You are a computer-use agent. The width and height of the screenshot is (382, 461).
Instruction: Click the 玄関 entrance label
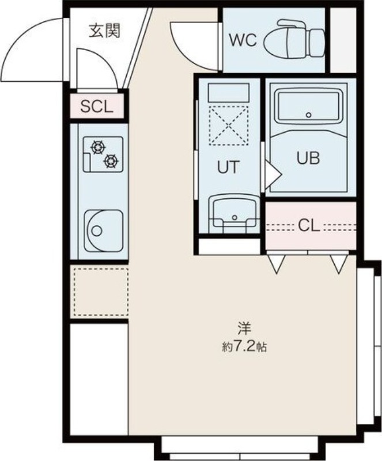click(105, 31)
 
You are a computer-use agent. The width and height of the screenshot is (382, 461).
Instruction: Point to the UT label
click(228, 167)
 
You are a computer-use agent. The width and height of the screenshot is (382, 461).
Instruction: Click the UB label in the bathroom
click(308, 158)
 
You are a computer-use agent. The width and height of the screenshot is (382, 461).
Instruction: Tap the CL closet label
click(309, 225)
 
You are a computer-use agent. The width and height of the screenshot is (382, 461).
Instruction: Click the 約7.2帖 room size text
click(244, 347)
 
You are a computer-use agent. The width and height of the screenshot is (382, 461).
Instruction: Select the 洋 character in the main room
click(244, 328)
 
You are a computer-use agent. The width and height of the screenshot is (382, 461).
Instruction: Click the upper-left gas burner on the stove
click(98, 148)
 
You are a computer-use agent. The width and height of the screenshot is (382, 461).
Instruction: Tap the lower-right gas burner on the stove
click(111, 161)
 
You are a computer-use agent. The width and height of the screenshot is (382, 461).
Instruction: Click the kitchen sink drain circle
click(96, 231)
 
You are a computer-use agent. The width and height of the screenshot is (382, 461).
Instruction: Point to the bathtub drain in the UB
click(308, 115)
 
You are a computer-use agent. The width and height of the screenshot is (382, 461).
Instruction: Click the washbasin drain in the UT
click(235, 218)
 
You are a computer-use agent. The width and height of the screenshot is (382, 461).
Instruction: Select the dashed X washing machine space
click(228, 126)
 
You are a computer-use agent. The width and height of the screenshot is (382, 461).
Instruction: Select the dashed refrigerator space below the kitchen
click(101, 292)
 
